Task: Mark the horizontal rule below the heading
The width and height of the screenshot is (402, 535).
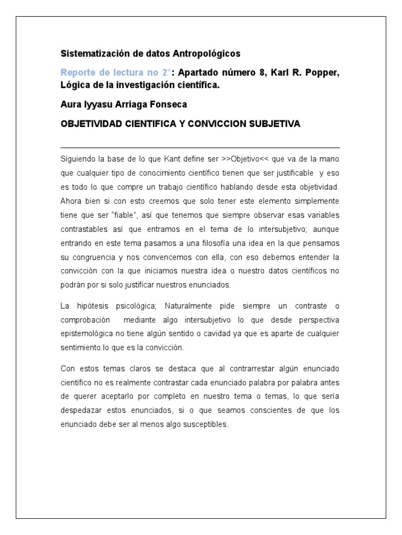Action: click(x=200, y=148)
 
